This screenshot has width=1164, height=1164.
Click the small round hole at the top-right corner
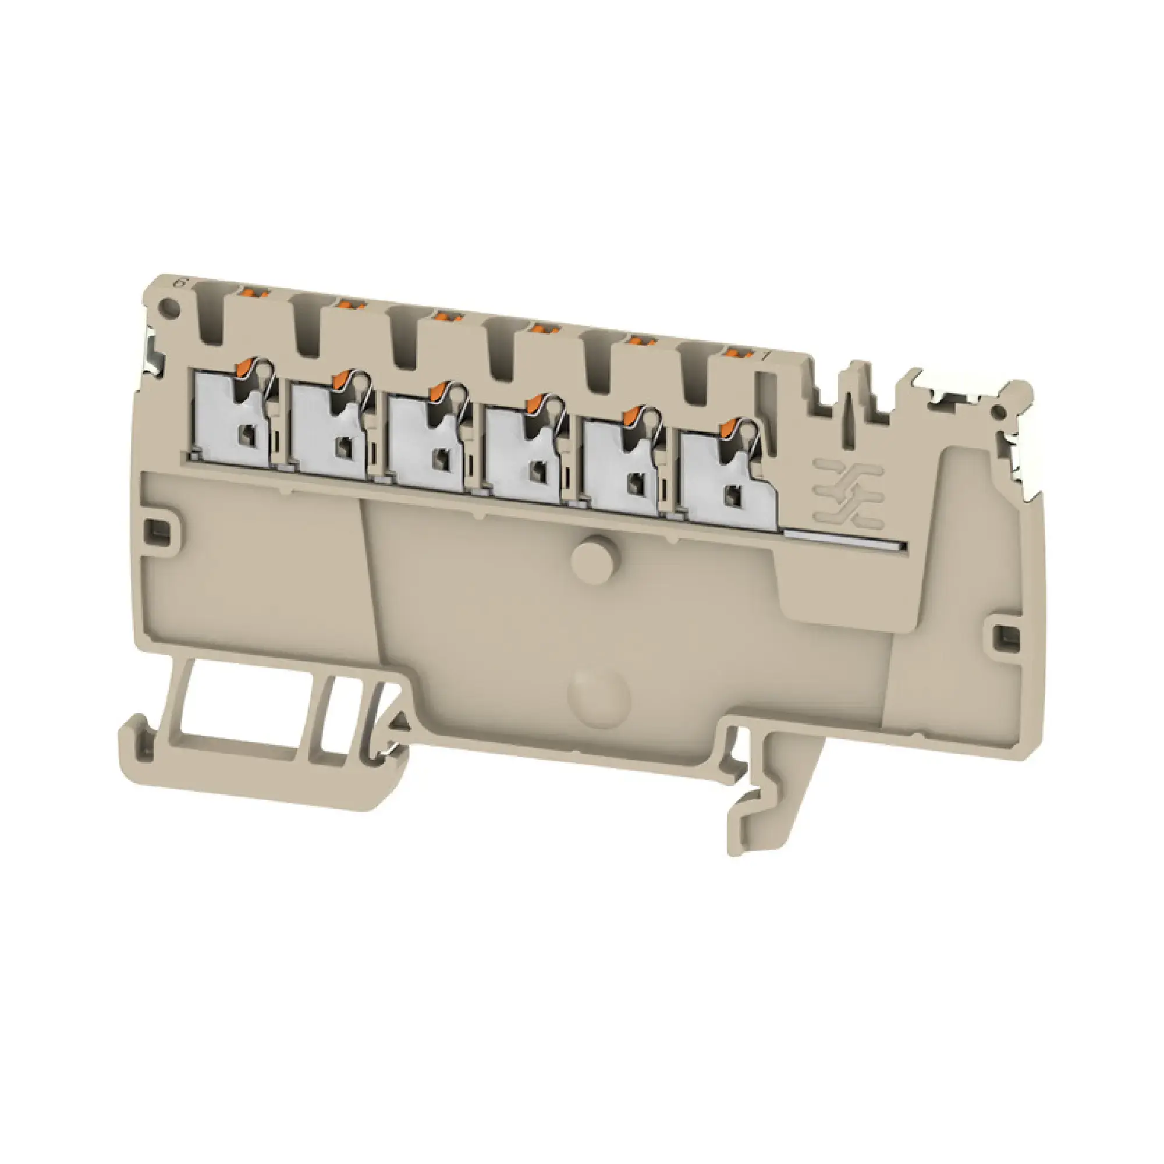click(x=998, y=411)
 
